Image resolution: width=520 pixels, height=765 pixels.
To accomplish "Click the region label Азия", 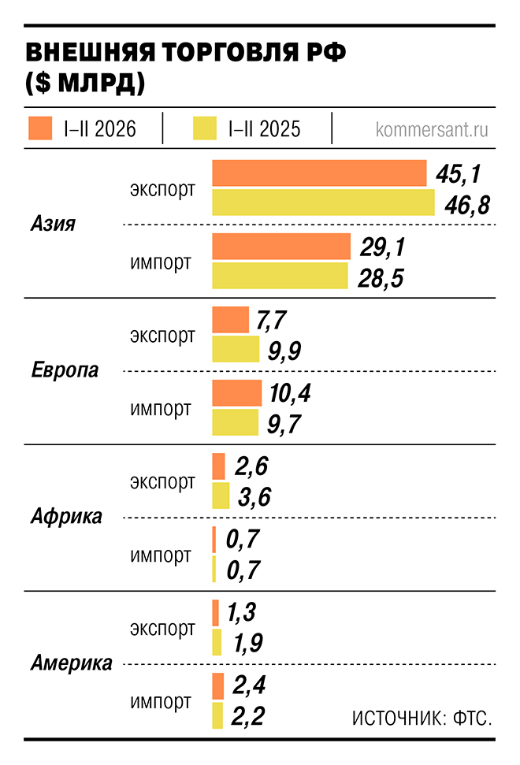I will tap(53, 224).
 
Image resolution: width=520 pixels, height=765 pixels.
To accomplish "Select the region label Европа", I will tap(65, 370).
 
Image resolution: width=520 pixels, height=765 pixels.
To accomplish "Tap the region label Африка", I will tap(66, 517).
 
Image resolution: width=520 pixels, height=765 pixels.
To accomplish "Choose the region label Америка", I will tap(71, 663).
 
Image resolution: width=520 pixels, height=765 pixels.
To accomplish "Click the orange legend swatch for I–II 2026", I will tap(40, 128).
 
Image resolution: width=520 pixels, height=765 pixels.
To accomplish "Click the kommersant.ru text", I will tap(432, 129).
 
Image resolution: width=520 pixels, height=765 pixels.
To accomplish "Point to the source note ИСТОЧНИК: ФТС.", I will tap(422, 719).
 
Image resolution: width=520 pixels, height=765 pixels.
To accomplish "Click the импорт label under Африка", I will tap(161, 555).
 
